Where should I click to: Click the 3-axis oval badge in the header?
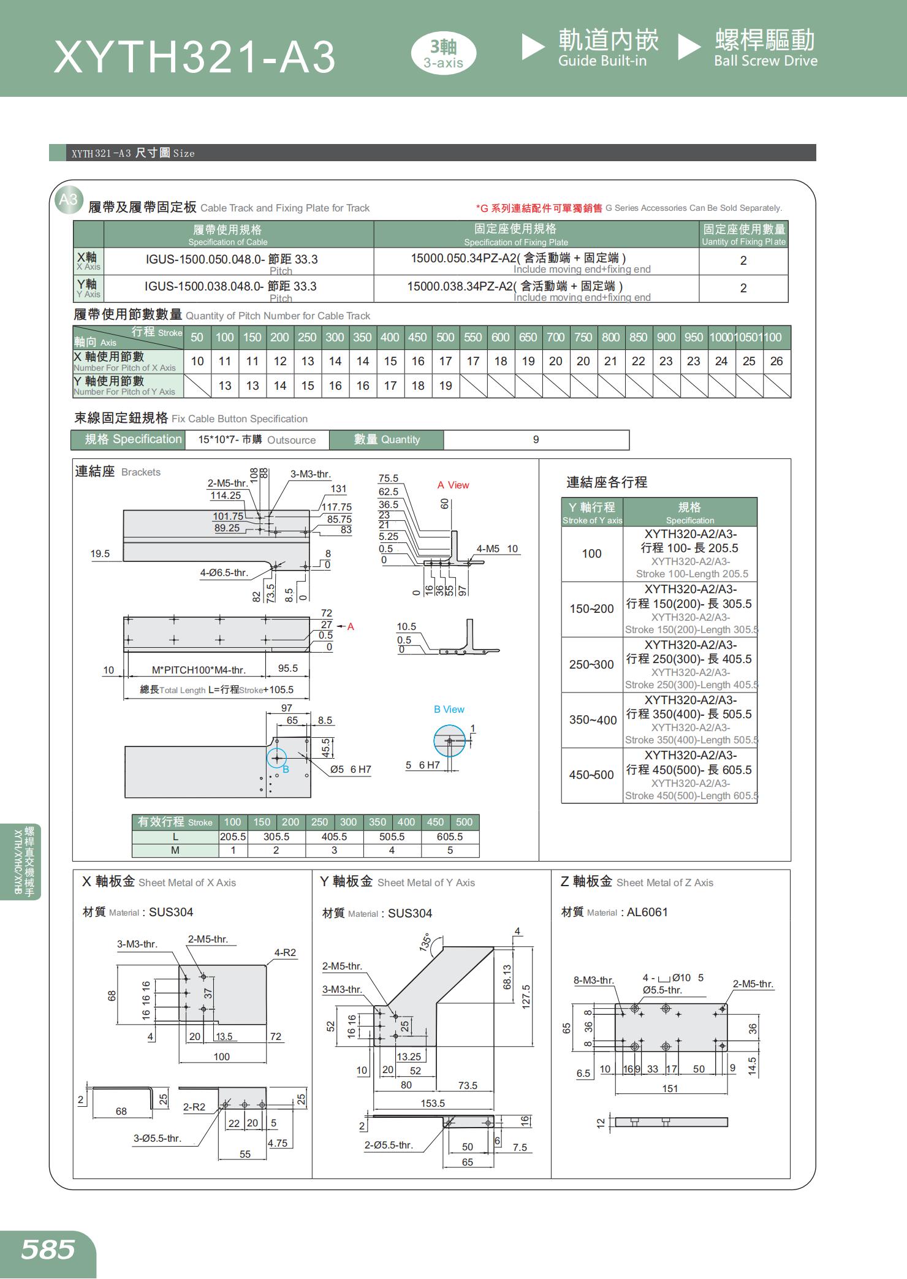(x=443, y=53)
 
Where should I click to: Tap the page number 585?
(x=48, y=1249)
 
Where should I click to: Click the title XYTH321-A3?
(x=195, y=58)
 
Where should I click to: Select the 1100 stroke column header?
(x=773, y=338)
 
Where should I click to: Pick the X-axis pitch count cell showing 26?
(x=776, y=362)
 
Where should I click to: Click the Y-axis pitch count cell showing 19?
(x=446, y=386)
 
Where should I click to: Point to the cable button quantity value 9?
(x=536, y=440)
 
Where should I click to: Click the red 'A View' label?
(x=453, y=485)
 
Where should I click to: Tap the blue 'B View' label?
(x=449, y=710)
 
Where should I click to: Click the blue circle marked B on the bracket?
(x=277, y=758)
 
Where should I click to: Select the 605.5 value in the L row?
(x=450, y=837)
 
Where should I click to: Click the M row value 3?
(x=334, y=851)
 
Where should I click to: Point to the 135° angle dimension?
(x=425, y=943)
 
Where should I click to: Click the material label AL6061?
(x=647, y=913)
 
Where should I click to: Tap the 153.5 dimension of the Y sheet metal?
(x=433, y=1104)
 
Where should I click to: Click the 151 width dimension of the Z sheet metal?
(x=670, y=1089)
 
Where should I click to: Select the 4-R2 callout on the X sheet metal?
(x=285, y=953)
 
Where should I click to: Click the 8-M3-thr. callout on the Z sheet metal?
(x=593, y=981)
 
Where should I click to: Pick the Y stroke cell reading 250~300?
(x=591, y=665)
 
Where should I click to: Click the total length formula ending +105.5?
(x=217, y=690)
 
